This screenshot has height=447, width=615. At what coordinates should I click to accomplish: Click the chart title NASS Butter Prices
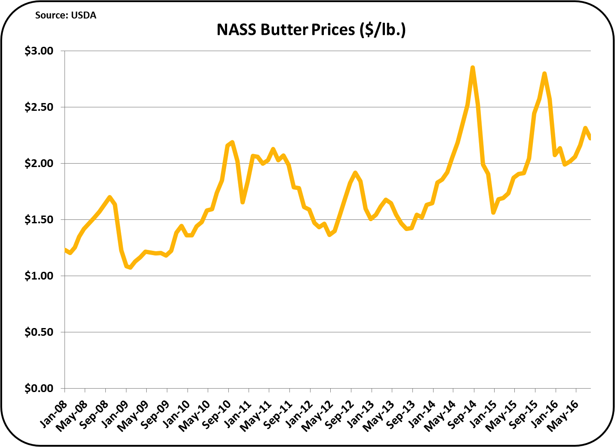pyautogui.click(x=311, y=30)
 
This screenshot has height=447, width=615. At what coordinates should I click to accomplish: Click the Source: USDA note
pyautogui.click(x=65, y=15)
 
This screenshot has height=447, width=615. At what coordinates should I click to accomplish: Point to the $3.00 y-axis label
pyautogui.click(x=39, y=51)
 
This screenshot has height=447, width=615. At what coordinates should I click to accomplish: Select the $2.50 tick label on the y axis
pyautogui.click(x=39, y=107)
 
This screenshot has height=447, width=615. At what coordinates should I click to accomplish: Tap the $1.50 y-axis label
pyautogui.click(x=39, y=219)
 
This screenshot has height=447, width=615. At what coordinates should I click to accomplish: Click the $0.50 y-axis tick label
pyautogui.click(x=39, y=332)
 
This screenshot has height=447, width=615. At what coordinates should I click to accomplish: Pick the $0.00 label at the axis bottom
pyautogui.click(x=39, y=388)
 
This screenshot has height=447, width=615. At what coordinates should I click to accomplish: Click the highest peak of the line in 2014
pyautogui.click(x=472, y=67)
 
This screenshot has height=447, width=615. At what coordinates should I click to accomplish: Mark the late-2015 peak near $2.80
pyautogui.click(x=544, y=73)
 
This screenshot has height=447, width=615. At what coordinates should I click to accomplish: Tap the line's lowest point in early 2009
pyautogui.click(x=130, y=268)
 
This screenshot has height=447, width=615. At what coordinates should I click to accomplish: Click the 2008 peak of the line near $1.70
pyautogui.click(x=110, y=197)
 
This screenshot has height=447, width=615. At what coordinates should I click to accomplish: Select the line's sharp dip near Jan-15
pyautogui.click(x=493, y=213)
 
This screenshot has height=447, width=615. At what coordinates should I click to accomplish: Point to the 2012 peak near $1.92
pyautogui.click(x=355, y=173)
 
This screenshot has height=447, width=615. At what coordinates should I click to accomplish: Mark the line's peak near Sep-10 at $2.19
pyautogui.click(x=232, y=142)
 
